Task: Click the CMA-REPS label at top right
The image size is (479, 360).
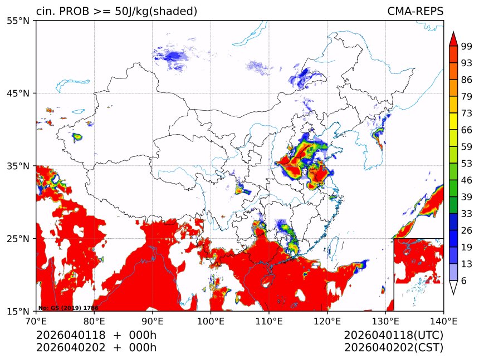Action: coord(415,11)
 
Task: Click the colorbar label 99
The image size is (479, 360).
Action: coord(466,46)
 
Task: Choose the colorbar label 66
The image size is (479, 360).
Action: coord(466,130)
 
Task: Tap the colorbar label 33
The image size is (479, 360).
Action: coord(466,214)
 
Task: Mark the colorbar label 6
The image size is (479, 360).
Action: coord(464,280)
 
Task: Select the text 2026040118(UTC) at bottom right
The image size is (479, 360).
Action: coord(393,336)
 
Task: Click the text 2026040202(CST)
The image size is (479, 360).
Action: coord(393,348)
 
